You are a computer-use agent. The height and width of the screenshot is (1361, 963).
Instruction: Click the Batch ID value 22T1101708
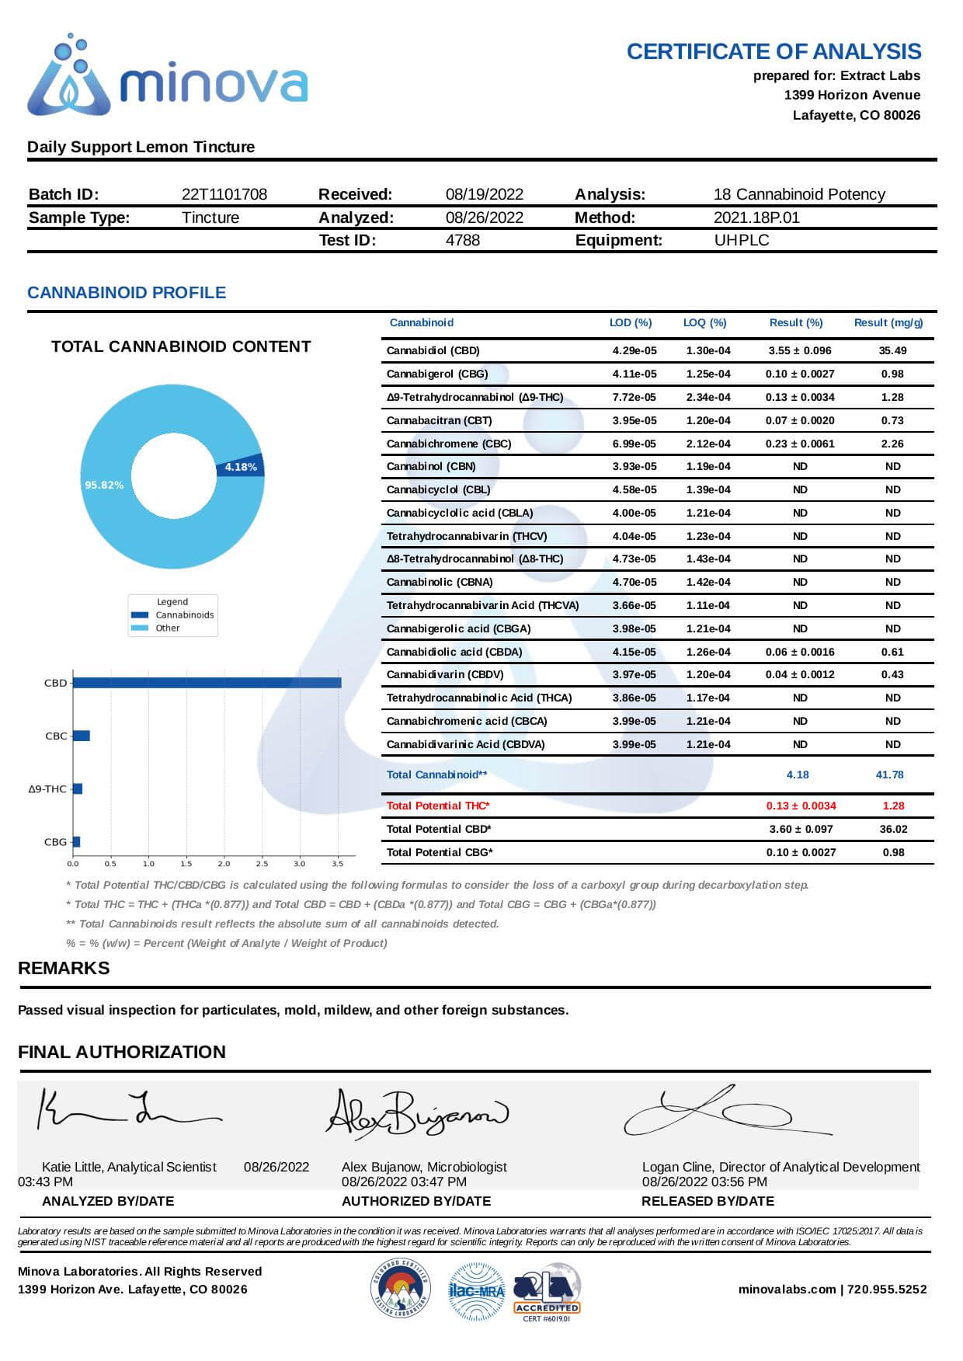point(224,194)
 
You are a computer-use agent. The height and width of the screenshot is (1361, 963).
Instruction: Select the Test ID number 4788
point(463,240)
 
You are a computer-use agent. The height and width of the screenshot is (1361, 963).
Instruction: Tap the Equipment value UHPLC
point(742,240)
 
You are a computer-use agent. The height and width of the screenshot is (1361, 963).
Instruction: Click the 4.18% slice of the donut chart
point(241,466)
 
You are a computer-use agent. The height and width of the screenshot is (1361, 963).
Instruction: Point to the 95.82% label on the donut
point(104,485)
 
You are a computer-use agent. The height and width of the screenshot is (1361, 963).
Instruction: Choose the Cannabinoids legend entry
point(184,614)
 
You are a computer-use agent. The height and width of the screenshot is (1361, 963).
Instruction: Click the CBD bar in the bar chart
point(207,683)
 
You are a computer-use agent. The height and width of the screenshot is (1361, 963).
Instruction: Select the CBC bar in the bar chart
point(82,736)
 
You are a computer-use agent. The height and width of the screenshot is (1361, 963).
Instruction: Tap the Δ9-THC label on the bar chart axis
point(47,788)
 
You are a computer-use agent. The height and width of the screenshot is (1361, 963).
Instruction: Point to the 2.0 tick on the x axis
point(224,863)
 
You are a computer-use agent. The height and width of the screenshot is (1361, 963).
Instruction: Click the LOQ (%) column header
point(704,322)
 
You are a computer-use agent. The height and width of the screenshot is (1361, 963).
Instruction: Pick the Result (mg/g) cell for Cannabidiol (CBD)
point(892,350)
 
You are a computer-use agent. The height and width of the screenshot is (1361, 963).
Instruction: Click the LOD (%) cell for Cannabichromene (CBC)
point(634,444)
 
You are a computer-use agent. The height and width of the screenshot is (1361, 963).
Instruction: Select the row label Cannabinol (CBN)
point(431,466)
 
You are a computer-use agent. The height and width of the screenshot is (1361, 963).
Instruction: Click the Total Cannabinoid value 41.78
point(889,774)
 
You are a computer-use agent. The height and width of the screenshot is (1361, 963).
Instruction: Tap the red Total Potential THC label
point(438,806)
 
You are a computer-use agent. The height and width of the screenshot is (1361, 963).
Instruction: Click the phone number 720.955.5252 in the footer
point(887,1289)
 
